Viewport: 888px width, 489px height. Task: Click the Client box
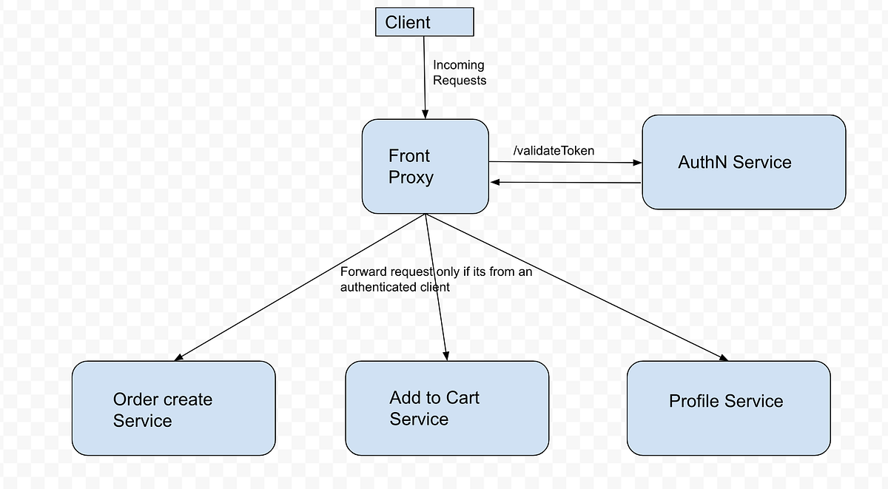pos(424,22)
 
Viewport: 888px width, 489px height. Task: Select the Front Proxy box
pos(425,166)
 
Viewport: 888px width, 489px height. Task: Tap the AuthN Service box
pos(743,162)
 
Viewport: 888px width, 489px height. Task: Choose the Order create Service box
pos(173,408)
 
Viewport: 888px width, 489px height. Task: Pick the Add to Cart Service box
pos(446,408)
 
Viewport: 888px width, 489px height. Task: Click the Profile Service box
pos(727,408)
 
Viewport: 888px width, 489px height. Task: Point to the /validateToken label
pos(554,151)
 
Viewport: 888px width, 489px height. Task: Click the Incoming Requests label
pos(459,72)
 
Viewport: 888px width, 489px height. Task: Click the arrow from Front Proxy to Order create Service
pos(296,289)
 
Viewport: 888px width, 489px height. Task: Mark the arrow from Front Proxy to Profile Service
pos(577,289)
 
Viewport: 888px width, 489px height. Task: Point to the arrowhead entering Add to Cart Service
pos(445,356)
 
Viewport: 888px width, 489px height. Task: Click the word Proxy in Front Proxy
pos(411,178)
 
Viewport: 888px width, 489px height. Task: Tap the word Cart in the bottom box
pos(462,398)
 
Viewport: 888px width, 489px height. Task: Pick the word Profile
pos(693,402)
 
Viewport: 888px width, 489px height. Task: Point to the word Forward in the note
pos(363,272)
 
